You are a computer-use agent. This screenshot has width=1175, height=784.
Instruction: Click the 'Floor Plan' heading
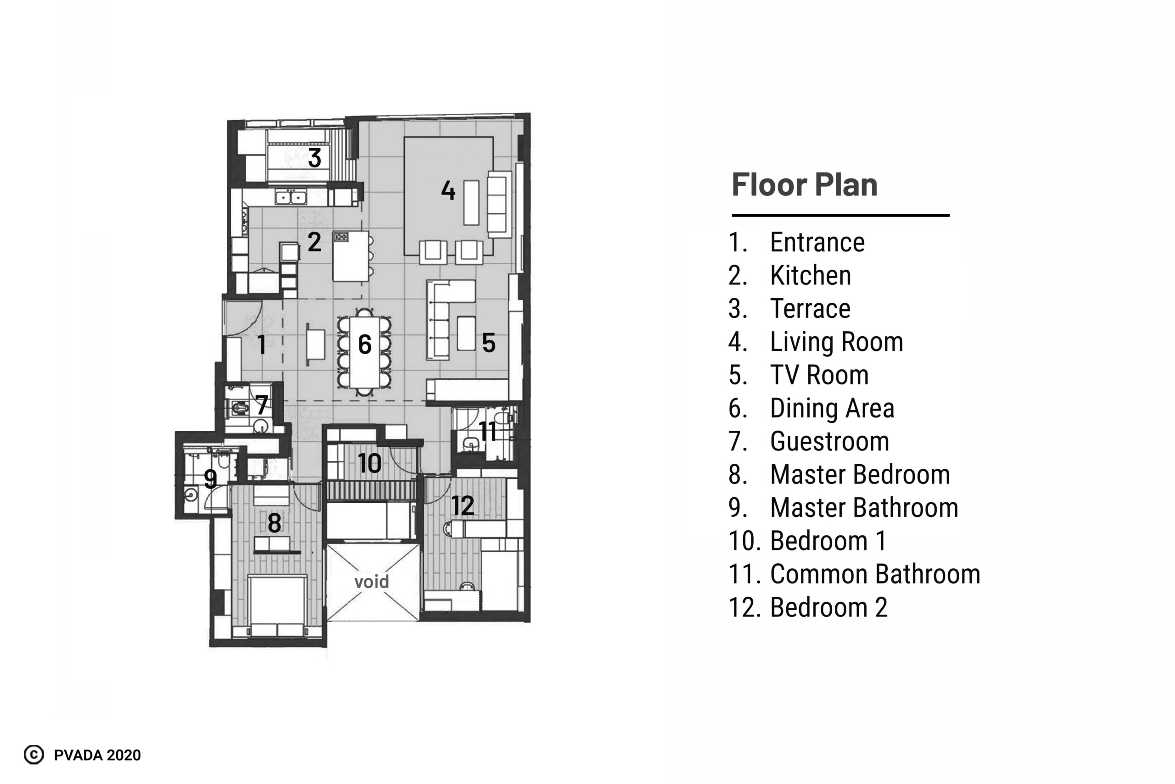[804, 184]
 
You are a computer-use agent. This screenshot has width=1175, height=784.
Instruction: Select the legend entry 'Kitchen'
[811, 276]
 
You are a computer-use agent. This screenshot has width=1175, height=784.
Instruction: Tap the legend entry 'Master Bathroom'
[864, 507]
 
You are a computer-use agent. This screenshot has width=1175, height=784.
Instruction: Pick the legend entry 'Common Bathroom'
[875, 574]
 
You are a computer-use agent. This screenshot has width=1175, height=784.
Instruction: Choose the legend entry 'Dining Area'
[832, 408]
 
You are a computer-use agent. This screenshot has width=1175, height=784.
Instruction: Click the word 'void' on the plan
[371, 582]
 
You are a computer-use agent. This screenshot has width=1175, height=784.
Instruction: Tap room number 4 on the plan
[448, 190]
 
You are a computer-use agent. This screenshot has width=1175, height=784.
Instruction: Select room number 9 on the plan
[211, 479]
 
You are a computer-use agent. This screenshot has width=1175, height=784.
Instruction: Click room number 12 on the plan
[463, 506]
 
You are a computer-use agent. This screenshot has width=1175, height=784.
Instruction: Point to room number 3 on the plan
[315, 157]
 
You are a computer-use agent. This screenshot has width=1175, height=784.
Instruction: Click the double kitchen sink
[291, 198]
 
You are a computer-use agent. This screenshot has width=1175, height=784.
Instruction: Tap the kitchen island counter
[351, 256]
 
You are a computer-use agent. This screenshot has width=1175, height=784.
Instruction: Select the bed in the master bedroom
[278, 606]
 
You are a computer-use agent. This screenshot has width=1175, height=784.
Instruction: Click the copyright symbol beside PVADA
[34, 755]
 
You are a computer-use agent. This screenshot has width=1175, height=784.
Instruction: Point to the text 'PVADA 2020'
[98, 755]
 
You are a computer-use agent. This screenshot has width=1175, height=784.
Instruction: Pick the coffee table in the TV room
[466, 334]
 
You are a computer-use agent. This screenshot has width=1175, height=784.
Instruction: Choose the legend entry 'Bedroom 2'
[829, 607]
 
